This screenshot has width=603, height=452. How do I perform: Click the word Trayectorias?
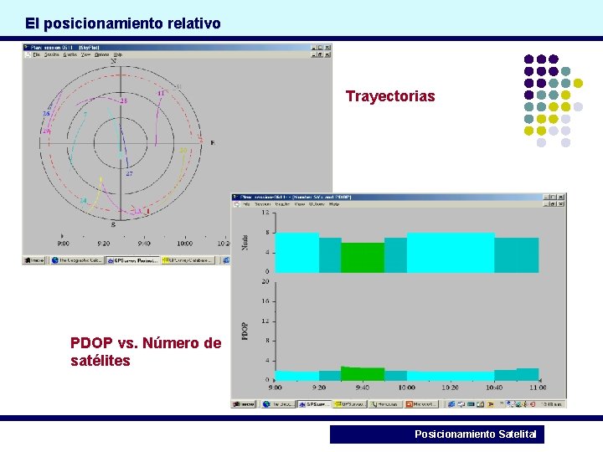[390, 96]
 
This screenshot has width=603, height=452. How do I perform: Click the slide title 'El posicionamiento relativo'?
[122, 23]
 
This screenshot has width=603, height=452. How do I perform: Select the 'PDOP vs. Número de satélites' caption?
[146, 352]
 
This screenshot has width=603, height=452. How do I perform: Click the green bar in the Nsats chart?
[362, 257]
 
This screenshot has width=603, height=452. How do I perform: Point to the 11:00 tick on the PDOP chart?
[537, 388]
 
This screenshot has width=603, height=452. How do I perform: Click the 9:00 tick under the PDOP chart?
[275, 388]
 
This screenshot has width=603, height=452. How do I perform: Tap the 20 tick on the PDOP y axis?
[265, 282]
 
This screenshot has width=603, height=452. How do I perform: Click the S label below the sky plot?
[113, 224]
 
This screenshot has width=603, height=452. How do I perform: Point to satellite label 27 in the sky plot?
[129, 174]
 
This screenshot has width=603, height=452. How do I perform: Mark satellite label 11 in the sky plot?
[160, 92]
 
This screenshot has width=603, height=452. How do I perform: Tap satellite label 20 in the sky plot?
[183, 151]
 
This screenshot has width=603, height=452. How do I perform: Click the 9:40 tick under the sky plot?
[143, 243]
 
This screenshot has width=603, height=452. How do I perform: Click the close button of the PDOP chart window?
[560, 198]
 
